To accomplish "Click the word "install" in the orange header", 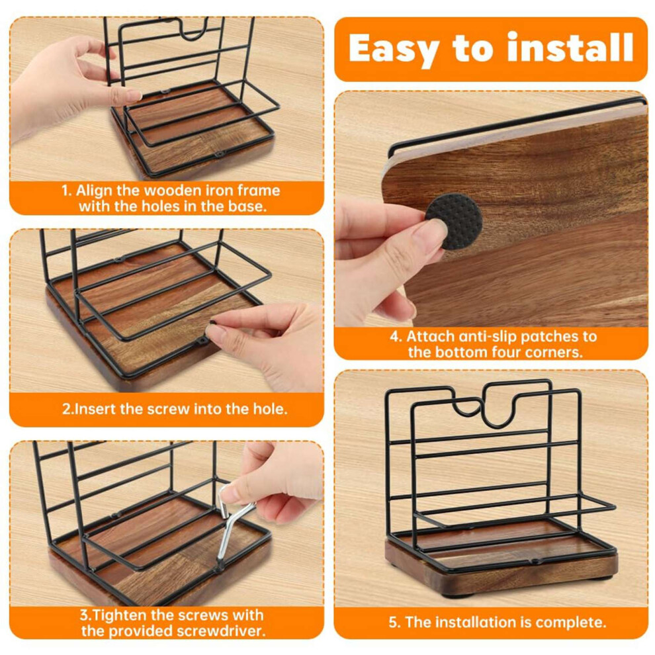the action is point(570,48).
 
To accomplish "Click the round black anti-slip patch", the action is point(454,222).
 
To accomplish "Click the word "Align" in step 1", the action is point(94,191).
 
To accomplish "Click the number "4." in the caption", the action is point(396,337).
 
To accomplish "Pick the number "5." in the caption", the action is point(395,623).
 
